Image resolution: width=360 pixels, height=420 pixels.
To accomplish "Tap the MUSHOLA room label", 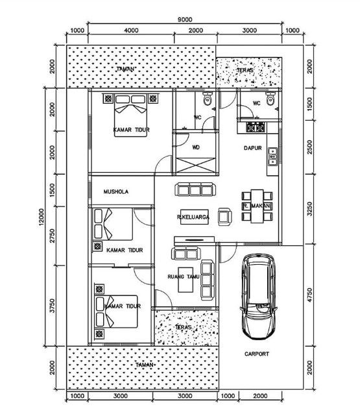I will click(116, 192).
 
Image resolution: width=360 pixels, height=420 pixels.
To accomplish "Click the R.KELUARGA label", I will click(192, 217).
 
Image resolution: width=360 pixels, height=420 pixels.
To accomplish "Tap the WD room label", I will click(196, 147).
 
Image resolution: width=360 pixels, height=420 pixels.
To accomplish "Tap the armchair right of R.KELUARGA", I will click(224, 216).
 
